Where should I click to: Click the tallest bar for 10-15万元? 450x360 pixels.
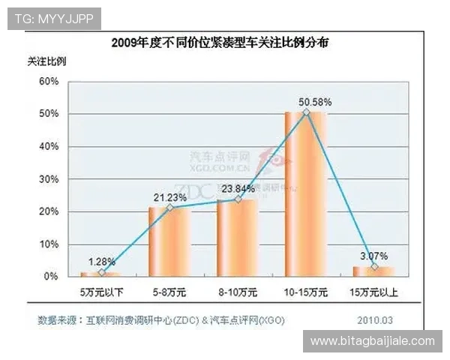point(306,194)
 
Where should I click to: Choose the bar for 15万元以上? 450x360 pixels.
point(374,271)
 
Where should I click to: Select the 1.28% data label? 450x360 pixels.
point(101,262)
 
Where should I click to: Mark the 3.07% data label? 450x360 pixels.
point(374,256)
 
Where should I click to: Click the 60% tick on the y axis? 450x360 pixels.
point(49,81)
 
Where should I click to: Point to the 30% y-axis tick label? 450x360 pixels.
point(49,179)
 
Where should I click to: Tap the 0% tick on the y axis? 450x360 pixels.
point(51,277)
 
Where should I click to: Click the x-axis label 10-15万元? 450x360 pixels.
point(306,291)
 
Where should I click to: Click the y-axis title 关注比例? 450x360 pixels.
point(46,60)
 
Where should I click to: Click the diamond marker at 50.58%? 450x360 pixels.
point(306,112)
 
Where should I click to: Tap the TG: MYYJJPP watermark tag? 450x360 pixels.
point(53,19)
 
